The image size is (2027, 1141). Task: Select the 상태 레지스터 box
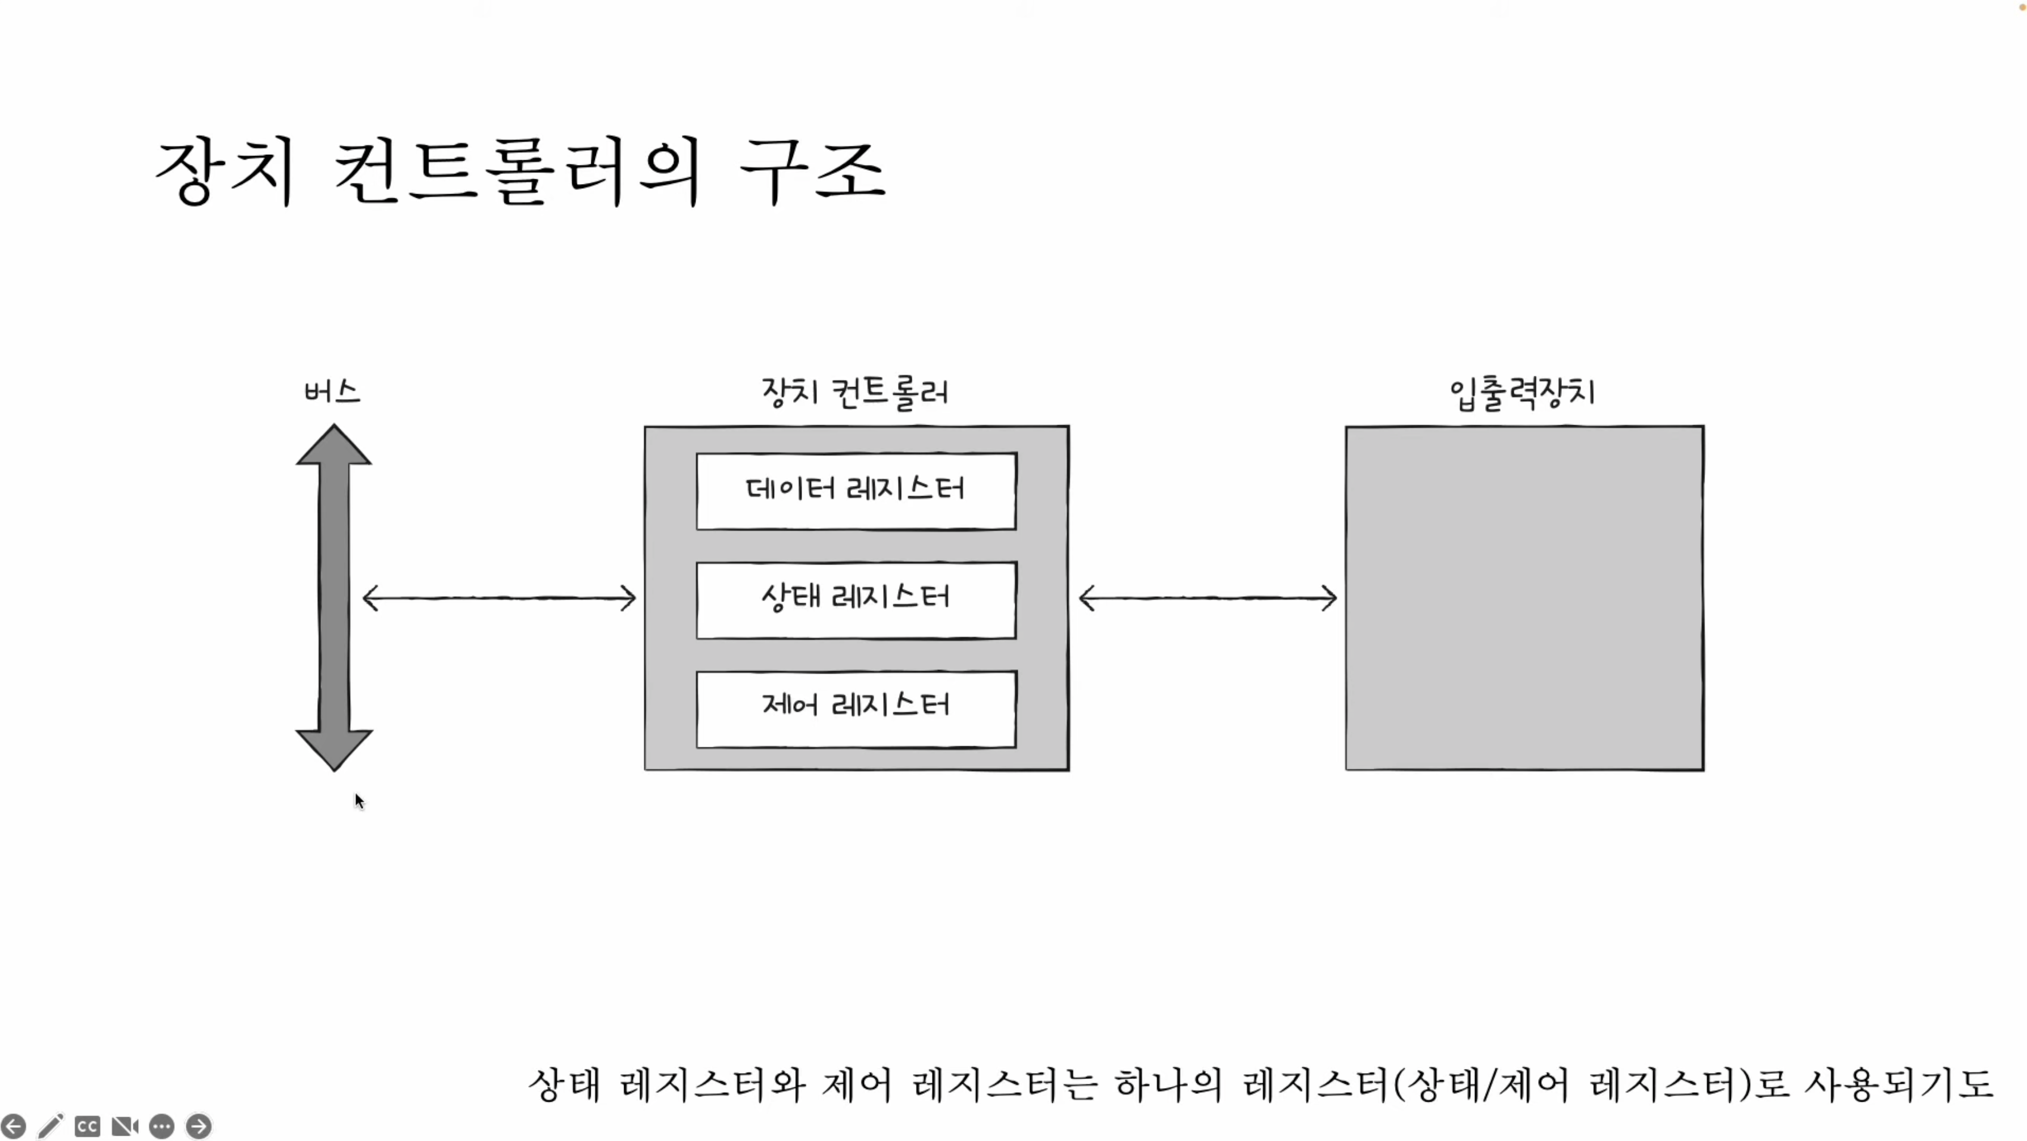point(856,600)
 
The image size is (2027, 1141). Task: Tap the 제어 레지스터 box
point(856,708)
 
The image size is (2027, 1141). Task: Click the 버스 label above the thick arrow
point(332,391)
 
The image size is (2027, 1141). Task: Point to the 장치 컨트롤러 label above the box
point(855,392)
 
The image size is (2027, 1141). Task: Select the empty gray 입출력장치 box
point(1524,598)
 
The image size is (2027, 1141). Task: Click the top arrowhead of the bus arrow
point(333,445)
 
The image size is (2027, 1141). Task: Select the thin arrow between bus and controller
point(499,598)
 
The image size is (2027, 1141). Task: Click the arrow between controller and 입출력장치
point(1208,598)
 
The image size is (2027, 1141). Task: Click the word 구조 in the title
point(813,171)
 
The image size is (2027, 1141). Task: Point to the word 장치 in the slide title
point(225,171)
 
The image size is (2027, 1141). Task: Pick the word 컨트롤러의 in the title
point(517,171)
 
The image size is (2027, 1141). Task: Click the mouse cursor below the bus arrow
point(360,801)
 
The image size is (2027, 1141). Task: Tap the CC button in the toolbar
point(88,1126)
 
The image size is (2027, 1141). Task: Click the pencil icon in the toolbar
point(51,1126)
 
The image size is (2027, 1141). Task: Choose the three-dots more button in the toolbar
point(162,1126)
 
